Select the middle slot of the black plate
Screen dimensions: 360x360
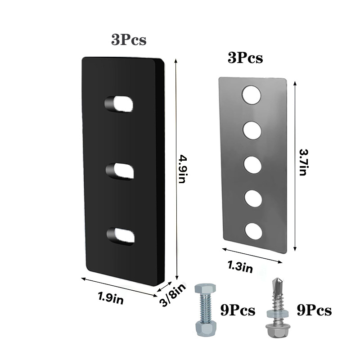pyautogui.click(x=120, y=171)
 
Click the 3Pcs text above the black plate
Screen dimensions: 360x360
pyautogui.click(x=129, y=40)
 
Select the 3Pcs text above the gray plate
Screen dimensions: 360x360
pyautogui.click(x=245, y=58)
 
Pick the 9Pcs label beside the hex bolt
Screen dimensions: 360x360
pyautogui.click(x=237, y=310)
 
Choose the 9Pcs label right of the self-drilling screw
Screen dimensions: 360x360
pyautogui.click(x=314, y=310)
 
